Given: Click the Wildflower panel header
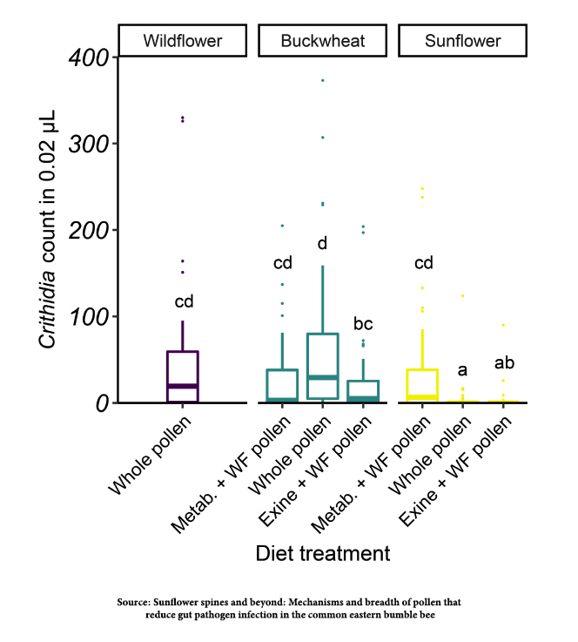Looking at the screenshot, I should coord(183,41).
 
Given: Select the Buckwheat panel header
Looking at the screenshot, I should coord(322,41).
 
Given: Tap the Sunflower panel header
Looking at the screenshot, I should coord(462,41).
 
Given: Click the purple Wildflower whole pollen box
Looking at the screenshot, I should coord(183,376).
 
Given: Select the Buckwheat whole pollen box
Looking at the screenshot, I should coord(322,366).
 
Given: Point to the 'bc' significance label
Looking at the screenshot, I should coord(363,324).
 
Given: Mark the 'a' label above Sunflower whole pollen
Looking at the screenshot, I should coord(462,369).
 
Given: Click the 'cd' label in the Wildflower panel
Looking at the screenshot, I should coord(183,302).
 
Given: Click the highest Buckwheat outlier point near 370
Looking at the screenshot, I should coord(322,80).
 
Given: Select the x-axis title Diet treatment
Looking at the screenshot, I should coord(322,553).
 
